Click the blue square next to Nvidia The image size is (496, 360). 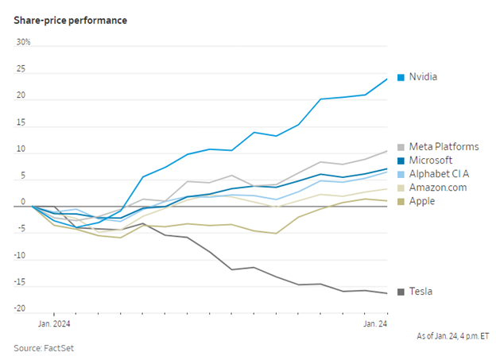coord(401,77)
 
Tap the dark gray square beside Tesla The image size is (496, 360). coord(401,292)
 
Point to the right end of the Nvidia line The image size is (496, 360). coord(387,78)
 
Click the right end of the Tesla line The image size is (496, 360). coord(387,293)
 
